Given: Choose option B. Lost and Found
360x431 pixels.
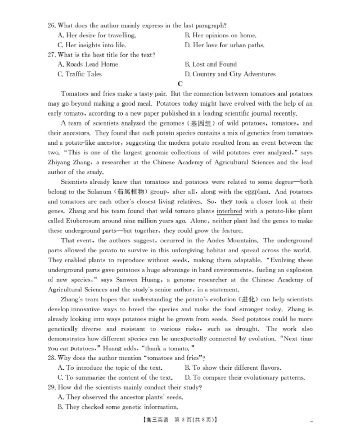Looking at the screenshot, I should [211, 64].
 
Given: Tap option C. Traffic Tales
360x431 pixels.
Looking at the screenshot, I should [80, 74].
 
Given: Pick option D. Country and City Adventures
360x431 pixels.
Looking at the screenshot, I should [230, 74].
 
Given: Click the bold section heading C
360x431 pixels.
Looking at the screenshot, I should [180, 84].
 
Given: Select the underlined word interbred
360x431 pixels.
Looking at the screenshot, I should [229, 211].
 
